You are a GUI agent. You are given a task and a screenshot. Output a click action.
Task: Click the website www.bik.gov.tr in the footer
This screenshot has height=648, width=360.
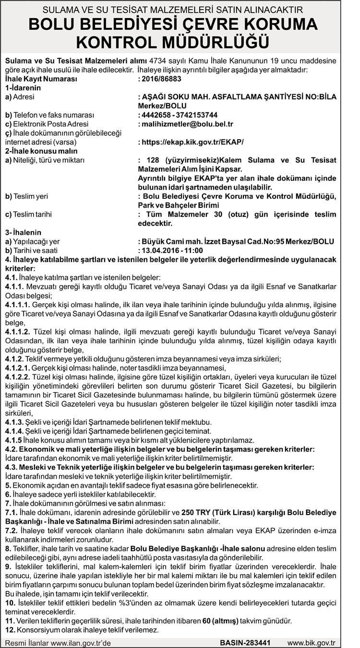tap(311, 642)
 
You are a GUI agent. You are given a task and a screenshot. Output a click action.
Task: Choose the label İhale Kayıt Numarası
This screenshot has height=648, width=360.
tap(41, 79)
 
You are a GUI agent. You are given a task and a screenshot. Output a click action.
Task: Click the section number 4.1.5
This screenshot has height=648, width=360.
tap(14, 440)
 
